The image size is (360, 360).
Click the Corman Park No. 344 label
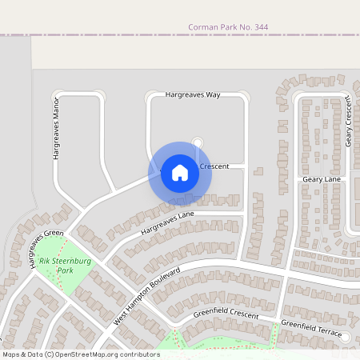(x=227, y=27)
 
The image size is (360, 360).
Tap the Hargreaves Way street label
(x=192, y=94)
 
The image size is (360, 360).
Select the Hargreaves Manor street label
(x=57, y=131)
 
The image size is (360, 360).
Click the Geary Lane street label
(x=322, y=180)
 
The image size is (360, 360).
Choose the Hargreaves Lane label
(x=167, y=223)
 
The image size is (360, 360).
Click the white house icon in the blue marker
(x=180, y=172)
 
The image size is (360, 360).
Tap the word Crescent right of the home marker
(x=214, y=166)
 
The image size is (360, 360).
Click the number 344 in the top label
(x=258, y=27)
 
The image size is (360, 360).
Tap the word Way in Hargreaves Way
(x=212, y=94)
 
